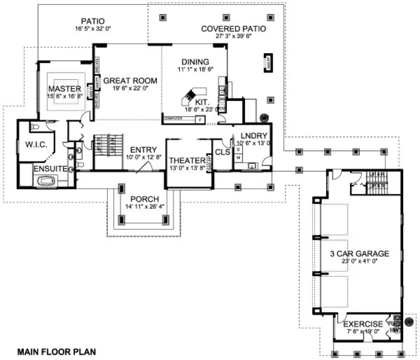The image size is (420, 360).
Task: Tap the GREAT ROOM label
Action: click(130, 81)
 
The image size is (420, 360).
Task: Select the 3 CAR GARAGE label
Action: click(359, 253)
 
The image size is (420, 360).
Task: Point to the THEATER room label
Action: click(188, 160)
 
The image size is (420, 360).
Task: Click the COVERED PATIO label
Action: click(233, 29)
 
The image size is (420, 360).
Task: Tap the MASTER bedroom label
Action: click(64, 88)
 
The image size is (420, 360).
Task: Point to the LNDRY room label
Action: click(251, 136)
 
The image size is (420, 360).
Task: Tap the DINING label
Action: click(195, 62)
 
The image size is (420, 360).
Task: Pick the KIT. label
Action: click(203, 101)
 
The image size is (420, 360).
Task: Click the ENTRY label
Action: click(143, 150)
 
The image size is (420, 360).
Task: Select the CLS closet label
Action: click(222, 152)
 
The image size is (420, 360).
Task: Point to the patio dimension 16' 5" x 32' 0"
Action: click(93, 29)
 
